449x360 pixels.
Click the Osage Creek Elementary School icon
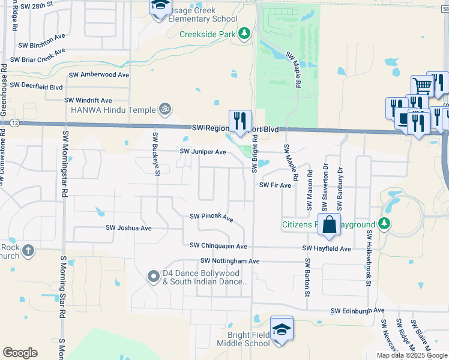click(160, 7)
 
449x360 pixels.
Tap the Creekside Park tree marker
click(244, 34)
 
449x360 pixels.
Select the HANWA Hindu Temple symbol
click(164, 109)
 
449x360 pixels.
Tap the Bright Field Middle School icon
click(282, 329)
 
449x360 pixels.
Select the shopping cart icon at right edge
click(422, 86)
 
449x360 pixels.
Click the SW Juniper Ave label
click(203, 152)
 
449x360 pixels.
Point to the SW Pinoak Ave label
click(211, 217)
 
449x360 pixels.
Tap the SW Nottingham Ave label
click(229, 261)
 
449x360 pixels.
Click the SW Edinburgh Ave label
click(357, 311)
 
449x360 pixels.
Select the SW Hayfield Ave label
click(327, 248)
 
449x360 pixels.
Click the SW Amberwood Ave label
click(99, 75)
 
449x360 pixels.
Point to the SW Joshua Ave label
click(128, 228)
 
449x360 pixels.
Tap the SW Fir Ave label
click(275, 186)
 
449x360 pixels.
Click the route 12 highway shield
click(15, 122)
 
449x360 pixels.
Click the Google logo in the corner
click(20, 352)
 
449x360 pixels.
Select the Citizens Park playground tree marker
click(384, 225)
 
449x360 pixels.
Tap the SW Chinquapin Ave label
click(218, 246)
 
